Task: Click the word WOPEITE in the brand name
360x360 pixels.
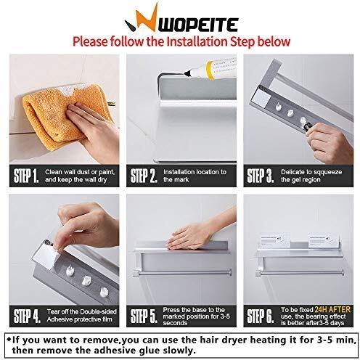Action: click(198, 25)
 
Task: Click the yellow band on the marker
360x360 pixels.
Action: click(210, 70)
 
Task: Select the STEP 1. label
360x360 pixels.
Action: click(26, 176)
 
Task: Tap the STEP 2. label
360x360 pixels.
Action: click(144, 176)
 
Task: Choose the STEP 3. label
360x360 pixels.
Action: click(261, 176)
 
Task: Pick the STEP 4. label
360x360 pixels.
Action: click(27, 316)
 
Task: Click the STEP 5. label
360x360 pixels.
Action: click(144, 316)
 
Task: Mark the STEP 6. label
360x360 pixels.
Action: click(261, 316)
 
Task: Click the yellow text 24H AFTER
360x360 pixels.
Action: click(332, 309)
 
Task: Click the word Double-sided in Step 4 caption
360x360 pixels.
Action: click(98, 311)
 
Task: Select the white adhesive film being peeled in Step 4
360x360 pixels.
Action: click(46, 256)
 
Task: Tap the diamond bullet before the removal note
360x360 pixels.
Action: click(9, 339)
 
